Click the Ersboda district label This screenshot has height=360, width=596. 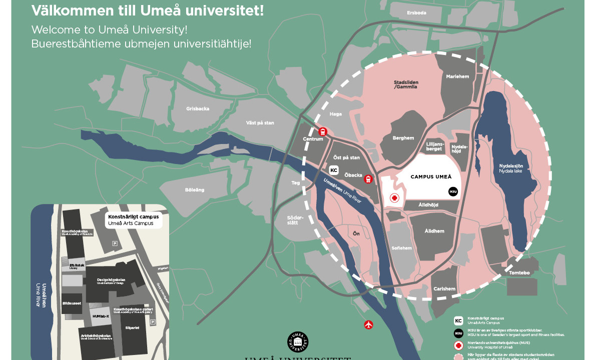click(416, 12)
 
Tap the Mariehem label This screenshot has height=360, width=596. click(457, 76)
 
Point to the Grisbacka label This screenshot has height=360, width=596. click(198, 108)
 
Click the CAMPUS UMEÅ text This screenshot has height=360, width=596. click(431, 176)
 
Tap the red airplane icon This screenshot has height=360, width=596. click(369, 324)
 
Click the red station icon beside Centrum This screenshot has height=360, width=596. click(323, 131)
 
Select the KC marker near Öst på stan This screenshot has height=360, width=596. click(334, 170)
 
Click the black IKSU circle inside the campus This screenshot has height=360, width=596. click(453, 191)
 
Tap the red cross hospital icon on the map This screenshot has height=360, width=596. click(394, 198)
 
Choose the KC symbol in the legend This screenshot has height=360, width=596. click(458, 321)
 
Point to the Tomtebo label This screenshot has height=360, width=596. click(519, 273)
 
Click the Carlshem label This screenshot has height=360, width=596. click(444, 288)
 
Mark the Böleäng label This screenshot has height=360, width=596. click(195, 190)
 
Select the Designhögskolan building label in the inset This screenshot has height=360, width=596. click(111, 280)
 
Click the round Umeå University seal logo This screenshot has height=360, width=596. click(298, 342)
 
